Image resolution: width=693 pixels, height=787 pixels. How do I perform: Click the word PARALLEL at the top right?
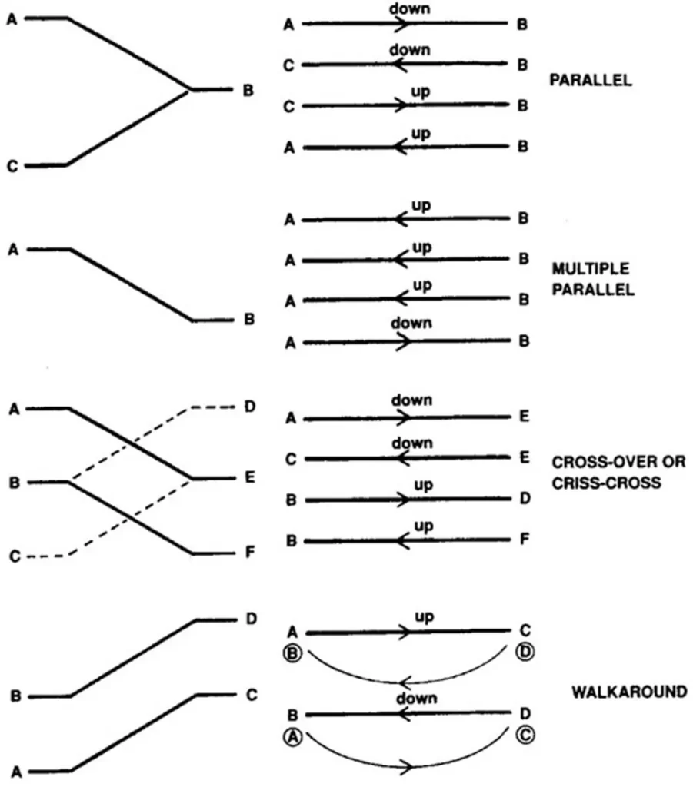click(x=591, y=79)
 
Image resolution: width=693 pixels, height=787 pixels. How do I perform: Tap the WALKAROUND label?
click(x=629, y=692)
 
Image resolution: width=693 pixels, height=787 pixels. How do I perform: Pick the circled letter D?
click(x=525, y=653)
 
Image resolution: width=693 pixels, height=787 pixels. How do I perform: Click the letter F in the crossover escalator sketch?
click(x=248, y=553)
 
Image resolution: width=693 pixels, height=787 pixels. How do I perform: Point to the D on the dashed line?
click(x=248, y=406)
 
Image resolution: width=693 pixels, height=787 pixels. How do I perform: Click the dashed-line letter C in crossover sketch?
click(x=13, y=555)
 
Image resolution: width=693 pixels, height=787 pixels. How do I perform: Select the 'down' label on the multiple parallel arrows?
click(x=411, y=324)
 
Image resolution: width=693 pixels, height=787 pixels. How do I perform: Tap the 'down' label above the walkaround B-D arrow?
click(x=416, y=698)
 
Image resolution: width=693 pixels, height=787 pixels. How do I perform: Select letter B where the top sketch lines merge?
click(x=248, y=91)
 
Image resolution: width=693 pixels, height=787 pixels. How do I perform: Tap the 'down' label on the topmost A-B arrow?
click(x=410, y=8)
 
